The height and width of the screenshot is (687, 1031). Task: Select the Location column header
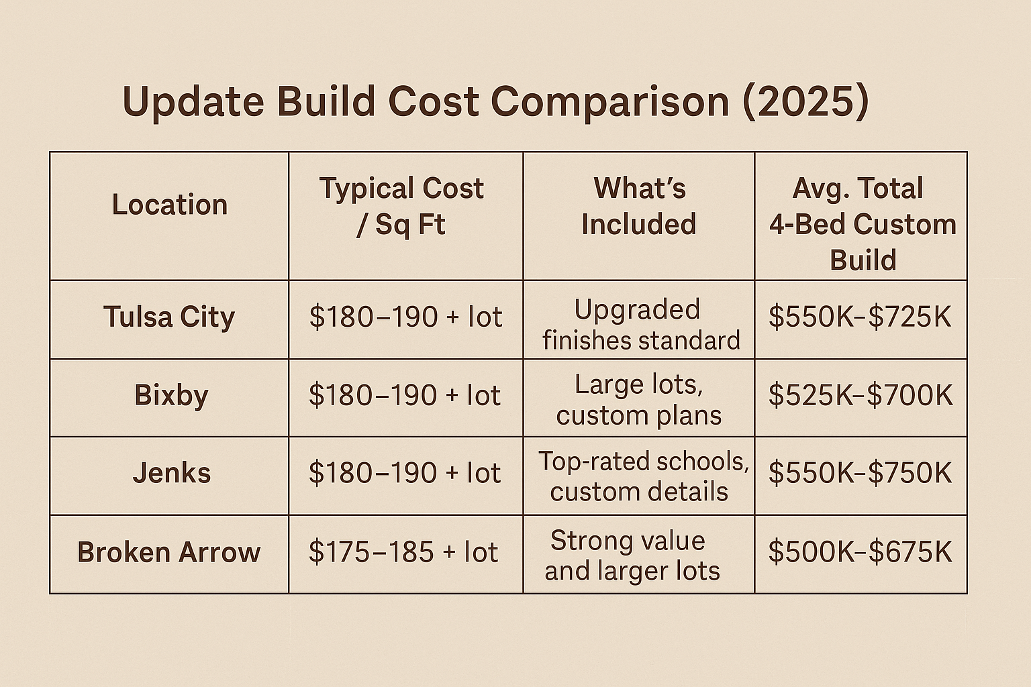pyautogui.click(x=170, y=205)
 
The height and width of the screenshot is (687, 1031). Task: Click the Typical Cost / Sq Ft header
pyautogui.click(x=401, y=206)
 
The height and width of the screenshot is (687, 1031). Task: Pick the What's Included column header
pyautogui.click(x=639, y=206)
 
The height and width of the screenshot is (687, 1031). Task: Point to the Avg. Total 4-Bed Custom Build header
pyautogui.click(x=862, y=223)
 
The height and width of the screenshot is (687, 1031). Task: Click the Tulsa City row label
pyautogui.click(x=169, y=317)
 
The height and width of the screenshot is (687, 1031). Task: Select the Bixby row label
pyautogui.click(x=171, y=394)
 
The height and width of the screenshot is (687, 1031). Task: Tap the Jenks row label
pyautogui.click(x=172, y=473)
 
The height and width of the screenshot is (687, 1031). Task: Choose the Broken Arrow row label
pyautogui.click(x=168, y=552)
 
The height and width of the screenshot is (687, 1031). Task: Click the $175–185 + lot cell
pyautogui.click(x=403, y=552)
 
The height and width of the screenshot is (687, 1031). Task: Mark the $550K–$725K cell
pyautogui.click(x=860, y=317)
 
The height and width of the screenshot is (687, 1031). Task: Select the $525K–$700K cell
pyautogui.click(x=861, y=395)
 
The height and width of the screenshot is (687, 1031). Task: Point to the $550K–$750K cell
pyautogui.click(x=860, y=473)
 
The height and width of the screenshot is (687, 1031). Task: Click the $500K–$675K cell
pyautogui.click(x=860, y=552)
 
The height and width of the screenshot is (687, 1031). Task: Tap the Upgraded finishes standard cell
pyautogui.click(x=640, y=325)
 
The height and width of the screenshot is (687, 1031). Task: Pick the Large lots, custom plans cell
pyautogui.click(x=639, y=400)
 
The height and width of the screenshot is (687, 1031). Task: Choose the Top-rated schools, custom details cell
pyautogui.click(x=642, y=476)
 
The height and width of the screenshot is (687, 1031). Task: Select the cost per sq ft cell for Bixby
pyautogui.click(x=405, y=395)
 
